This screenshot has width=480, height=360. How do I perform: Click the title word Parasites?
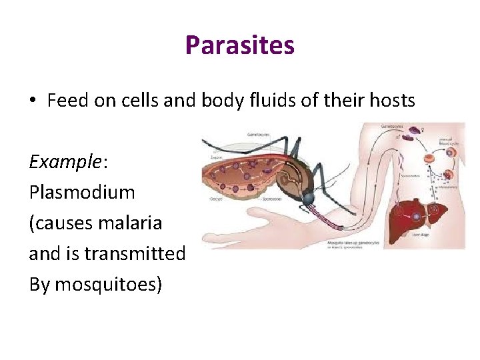239,45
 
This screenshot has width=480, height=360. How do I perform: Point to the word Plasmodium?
82,192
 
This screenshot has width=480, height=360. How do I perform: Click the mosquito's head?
307,199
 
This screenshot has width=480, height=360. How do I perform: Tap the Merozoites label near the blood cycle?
447,187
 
